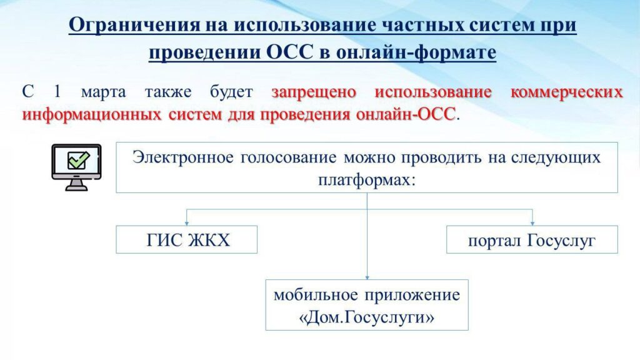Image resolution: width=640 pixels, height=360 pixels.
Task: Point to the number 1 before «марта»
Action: [57, 91]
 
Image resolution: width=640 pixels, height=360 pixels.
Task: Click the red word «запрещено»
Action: [314, 92]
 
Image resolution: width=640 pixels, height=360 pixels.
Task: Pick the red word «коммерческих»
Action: [566, 92]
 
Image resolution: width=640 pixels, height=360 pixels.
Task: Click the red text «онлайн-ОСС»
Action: [406, 114]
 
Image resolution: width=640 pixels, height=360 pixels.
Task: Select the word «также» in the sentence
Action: [168, 92]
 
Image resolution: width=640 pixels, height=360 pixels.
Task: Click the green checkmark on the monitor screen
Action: [78, 160]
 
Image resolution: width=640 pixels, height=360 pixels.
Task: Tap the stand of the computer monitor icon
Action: [76, 185]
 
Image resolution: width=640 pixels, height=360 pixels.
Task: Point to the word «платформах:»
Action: [366, 179]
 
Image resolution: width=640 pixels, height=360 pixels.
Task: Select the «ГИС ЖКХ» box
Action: [186, 239]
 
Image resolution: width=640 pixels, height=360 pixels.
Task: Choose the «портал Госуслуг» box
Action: [532, 239]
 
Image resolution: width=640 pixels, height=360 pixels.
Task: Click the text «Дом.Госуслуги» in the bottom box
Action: [366, 317]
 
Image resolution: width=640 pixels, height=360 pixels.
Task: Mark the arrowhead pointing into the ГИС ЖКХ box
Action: [186, 223]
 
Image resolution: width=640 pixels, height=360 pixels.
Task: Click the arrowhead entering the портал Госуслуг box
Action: [532, 223]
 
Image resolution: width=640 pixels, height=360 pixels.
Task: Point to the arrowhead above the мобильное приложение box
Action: [367, 277]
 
